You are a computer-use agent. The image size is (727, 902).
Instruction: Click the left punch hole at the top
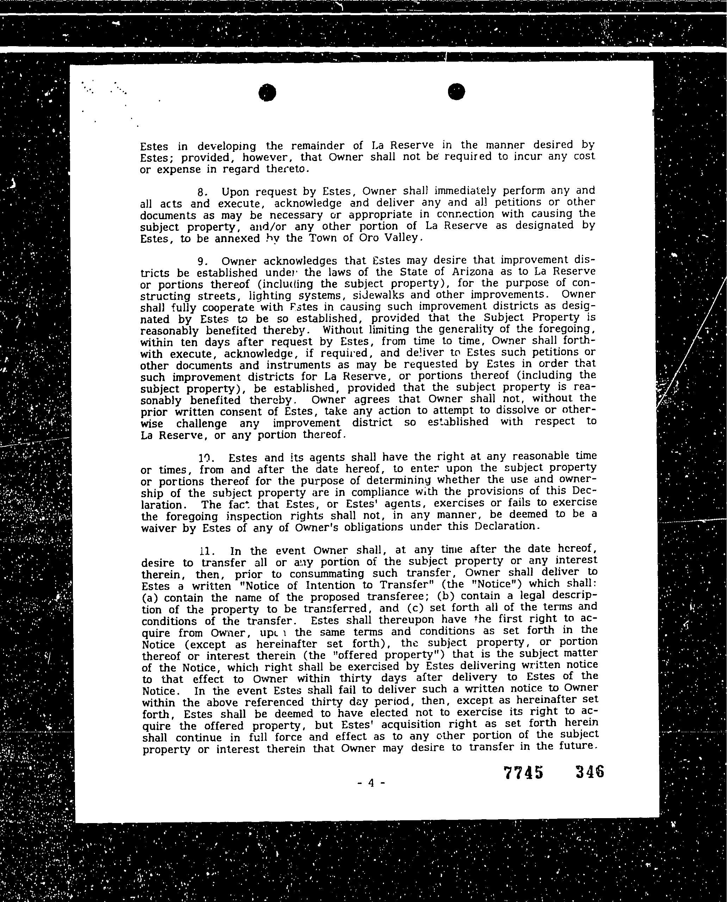pyautogui.click(x=267, y=93)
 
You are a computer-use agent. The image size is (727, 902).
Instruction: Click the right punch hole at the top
pyautogui.click(x=456, y=92)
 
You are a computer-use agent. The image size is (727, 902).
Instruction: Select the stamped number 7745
pyautogui.click(x=523, y=772)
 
